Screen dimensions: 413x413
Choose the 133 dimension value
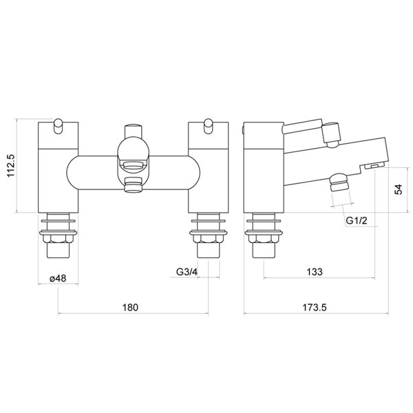(314, 271)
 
